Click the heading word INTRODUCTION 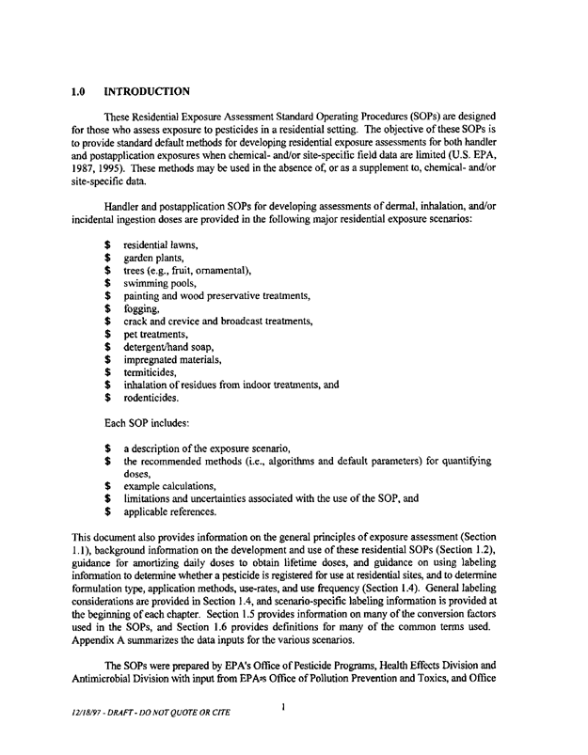pos(147,92)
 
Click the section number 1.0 pos(80,92)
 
